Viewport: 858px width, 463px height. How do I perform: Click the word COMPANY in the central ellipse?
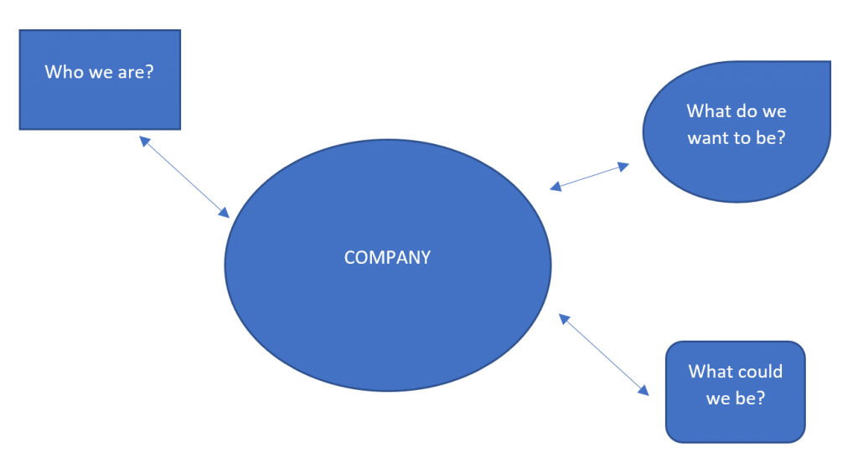tap(387, 258)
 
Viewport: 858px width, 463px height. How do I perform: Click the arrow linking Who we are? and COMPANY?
tap(184, 177)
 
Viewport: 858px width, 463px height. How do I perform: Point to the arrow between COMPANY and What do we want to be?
tap(590, 177)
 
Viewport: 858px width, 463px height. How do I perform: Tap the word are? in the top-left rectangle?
tap(135, 72)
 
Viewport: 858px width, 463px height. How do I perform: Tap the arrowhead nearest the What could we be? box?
tap(643, 390)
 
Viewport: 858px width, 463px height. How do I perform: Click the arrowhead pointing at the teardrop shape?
tap(623, 166)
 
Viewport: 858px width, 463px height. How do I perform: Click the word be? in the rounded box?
tap(749, 399)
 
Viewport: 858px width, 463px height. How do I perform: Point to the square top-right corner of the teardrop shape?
tap(828, 64)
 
